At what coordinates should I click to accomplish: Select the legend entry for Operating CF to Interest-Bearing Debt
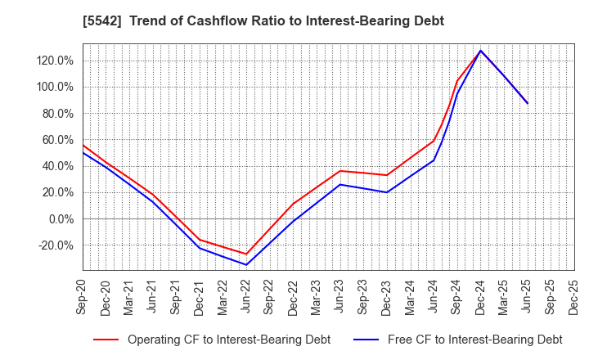(x=212, y=339)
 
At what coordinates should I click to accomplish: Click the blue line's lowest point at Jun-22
(x=246, y=264)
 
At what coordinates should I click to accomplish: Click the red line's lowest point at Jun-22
(x=246, y=254)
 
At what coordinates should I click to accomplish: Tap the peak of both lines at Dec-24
(x=480, y=51)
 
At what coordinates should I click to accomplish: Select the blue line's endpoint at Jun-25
(x=528, y=103)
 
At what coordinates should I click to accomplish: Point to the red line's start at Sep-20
(x=83, y=146)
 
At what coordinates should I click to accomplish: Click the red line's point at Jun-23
(x=340, y=171)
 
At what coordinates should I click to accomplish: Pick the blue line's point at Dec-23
(x=387, y=192)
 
